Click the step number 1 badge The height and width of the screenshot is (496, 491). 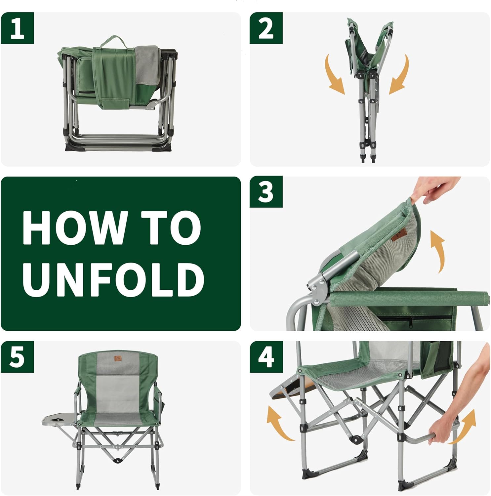[x=17, y=28]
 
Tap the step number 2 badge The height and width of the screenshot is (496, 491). [x=266, y=28]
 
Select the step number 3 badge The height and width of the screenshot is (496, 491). [x=266, y=192]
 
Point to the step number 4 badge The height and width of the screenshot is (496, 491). [x=266, y=357]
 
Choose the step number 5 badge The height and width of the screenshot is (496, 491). [x=17, y=357]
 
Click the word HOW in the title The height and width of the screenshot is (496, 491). [x=74, y=228]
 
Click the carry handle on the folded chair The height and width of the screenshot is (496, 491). [x=114, y=41]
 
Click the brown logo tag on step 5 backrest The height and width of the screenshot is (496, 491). [x=118, y=359]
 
